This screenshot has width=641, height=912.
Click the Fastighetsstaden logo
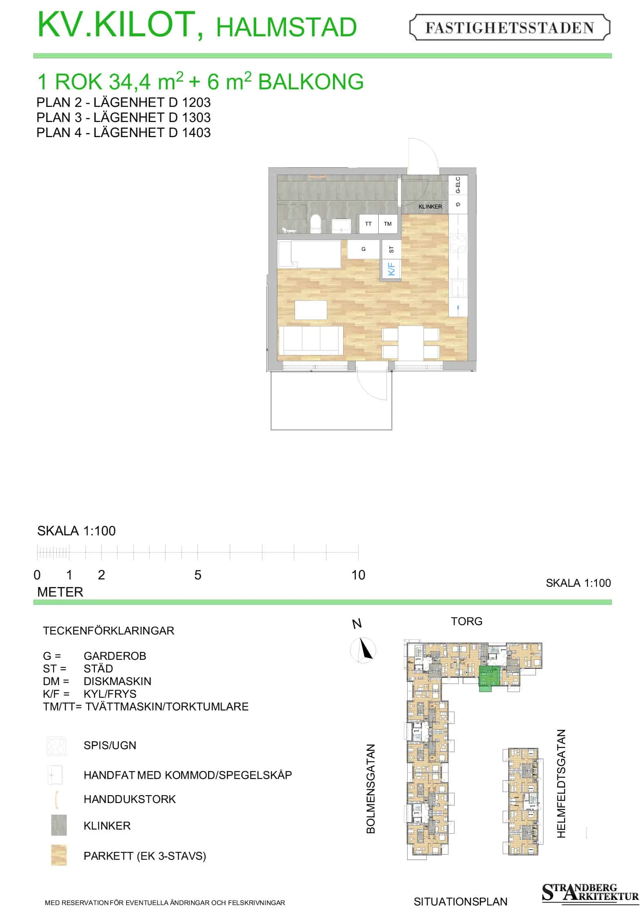[510, 27]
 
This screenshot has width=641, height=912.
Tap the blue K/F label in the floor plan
[391, 269]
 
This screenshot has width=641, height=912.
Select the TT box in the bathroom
[368, 224]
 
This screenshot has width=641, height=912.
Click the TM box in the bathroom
[388, 224]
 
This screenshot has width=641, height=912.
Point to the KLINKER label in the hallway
[430, 206]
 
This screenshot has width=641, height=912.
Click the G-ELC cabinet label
[458, 185]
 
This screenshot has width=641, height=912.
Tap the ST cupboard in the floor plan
[391, 249]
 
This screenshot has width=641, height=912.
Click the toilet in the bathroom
[315, 224]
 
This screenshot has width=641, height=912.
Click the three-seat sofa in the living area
[311, 340]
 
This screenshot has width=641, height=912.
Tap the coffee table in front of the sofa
[311, 310]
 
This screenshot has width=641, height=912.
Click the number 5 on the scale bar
[197, 575]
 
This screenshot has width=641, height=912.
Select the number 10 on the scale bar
[358, 575]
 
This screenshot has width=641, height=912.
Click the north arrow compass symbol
[363, 650]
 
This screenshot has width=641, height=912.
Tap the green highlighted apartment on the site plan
[489, 678]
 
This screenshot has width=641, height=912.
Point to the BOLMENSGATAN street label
[370, 788]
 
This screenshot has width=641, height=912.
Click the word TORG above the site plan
[466, 621]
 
